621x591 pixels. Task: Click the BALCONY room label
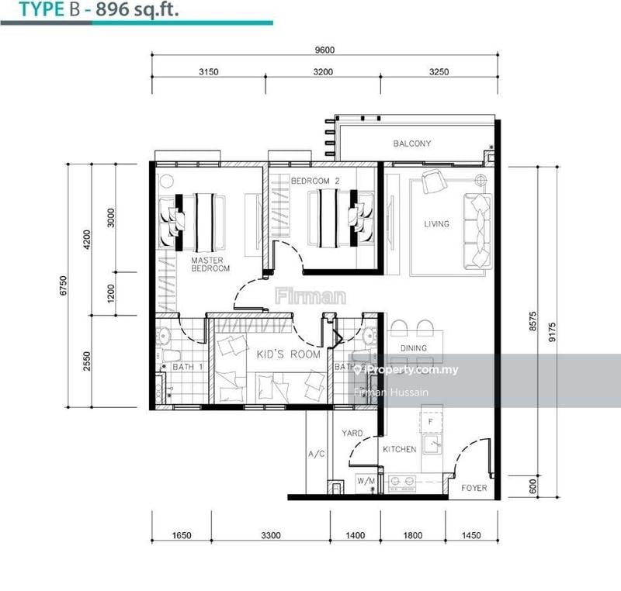pyautogui.click(x=411, y=143)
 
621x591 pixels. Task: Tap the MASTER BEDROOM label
pyautogui.click(x=210, y=264)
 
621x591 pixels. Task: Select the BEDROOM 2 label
pyautogui.click(x=315, y=181)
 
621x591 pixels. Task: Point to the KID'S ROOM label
pyautogui.click(x=288, y=354)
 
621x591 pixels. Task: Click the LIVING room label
pyautogui.click(x=436, y=224)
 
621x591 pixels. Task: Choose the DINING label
pyautogui.click(x=413, y=349)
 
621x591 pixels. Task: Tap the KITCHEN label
pyautogui.click(x=399, y=449)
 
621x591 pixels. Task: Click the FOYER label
pyautogui.click(x=474, y=488)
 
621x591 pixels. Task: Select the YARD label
pyautogui.click(x=353, y=434)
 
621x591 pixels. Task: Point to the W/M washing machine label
pyautogui.click(x=365, y=482)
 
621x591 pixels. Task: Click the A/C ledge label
pyautogui.click(x=316, y=454)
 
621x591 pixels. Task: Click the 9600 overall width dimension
pyautogui.click(x=324, y=50)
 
